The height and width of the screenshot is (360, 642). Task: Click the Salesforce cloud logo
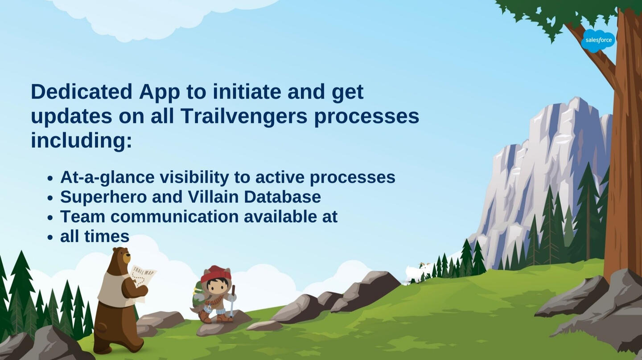pyautogui.click(x=598, y=41)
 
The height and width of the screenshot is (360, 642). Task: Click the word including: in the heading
pyautogui.click(x=82, y=141)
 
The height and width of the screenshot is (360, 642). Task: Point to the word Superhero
pyautogui.click(x=103, y=197)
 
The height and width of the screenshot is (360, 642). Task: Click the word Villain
pyautogui.click(x=213, y=197)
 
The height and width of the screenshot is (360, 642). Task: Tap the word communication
pyautogui.click(x=175, y=217)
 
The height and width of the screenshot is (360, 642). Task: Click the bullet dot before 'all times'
pyautogui.click(x=50, y=237)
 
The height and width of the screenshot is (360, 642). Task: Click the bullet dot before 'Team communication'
pyautogui.click(x=50, y=218)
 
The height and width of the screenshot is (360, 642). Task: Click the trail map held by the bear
pyautogui.click(x=141, y=280)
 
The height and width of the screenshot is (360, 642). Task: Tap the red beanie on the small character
pyautogui.click(x=215, y=274)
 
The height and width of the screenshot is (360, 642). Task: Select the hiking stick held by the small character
pyautogui.click(x=232, y=300)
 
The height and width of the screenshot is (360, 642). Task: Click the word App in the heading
pyautogui.click(x=159, y=93)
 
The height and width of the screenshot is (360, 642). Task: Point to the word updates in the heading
pyautogui.click(x=71, y=117)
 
